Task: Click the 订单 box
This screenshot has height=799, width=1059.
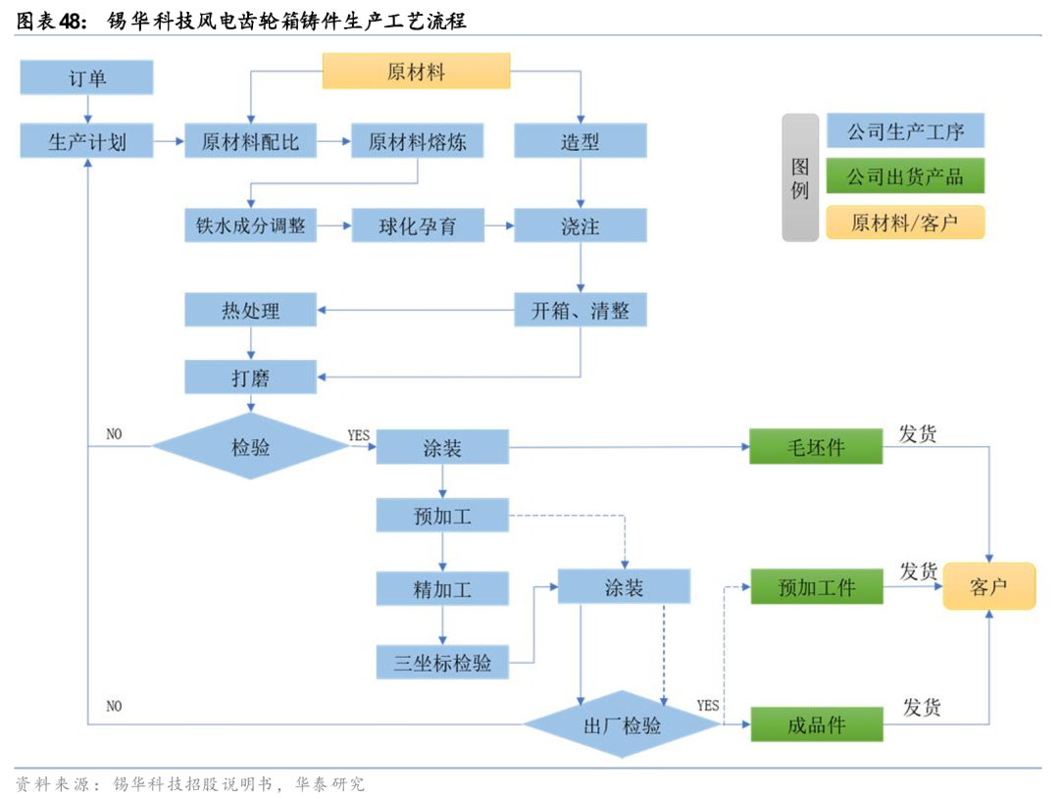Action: (87, 77)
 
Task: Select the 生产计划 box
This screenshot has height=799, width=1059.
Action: (87, 141)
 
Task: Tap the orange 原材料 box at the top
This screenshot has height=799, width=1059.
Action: (417, 72)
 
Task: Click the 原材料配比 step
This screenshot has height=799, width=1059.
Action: (250, 141)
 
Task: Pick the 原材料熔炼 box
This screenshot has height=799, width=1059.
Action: (417, 141)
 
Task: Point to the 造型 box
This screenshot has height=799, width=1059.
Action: (580, 141)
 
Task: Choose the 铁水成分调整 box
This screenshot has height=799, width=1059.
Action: (250, 226)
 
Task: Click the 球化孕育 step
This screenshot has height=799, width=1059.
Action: (417, 226)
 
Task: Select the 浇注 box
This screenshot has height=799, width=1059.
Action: (580, 226)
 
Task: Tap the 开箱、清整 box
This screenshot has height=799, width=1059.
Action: (580, 311)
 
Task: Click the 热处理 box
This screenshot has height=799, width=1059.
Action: (250, 311)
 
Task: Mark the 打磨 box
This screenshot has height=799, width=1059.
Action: (250, 376)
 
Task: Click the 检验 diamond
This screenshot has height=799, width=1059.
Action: (250, 447)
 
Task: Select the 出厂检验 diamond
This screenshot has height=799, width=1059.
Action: (622, 725)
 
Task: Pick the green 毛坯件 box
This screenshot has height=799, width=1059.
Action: (816, 447)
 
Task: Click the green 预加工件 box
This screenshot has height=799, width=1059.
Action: (816, 586)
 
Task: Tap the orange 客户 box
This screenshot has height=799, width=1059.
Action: (988, 586)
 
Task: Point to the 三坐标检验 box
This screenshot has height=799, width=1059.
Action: (442, 662)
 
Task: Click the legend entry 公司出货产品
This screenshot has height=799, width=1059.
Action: (904, 176)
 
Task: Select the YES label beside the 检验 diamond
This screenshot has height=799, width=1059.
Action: (359, 434)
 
